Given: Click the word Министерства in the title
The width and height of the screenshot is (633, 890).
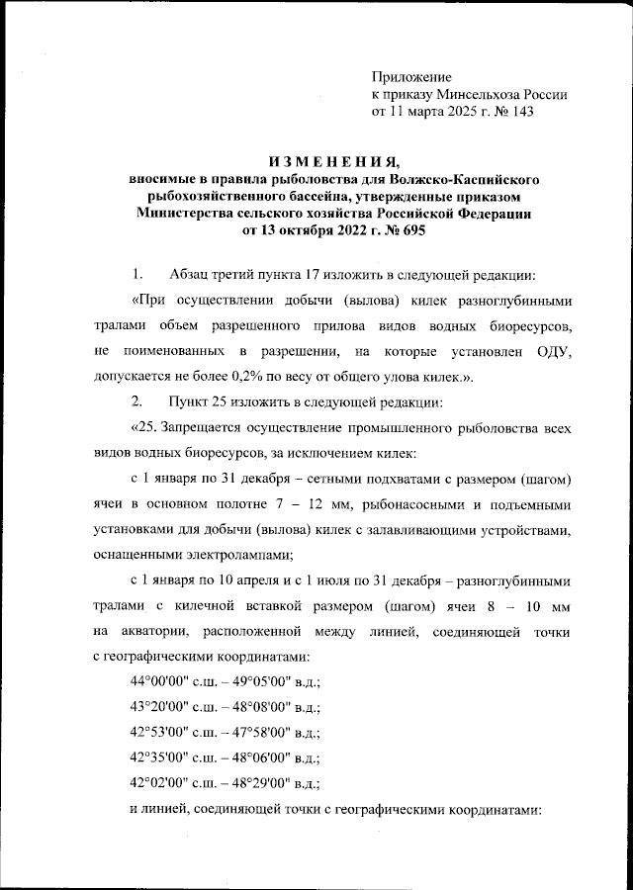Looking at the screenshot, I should [189, 215].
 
